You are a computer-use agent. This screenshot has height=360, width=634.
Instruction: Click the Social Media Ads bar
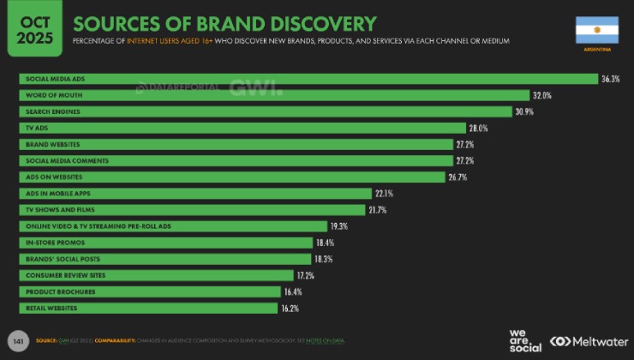308,79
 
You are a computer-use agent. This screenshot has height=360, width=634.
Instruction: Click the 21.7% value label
378,210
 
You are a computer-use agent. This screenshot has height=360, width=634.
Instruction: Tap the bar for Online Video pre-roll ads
171,226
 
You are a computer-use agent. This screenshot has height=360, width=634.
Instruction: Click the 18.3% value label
324,259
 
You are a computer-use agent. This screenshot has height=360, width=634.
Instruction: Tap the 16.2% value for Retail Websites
291,308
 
